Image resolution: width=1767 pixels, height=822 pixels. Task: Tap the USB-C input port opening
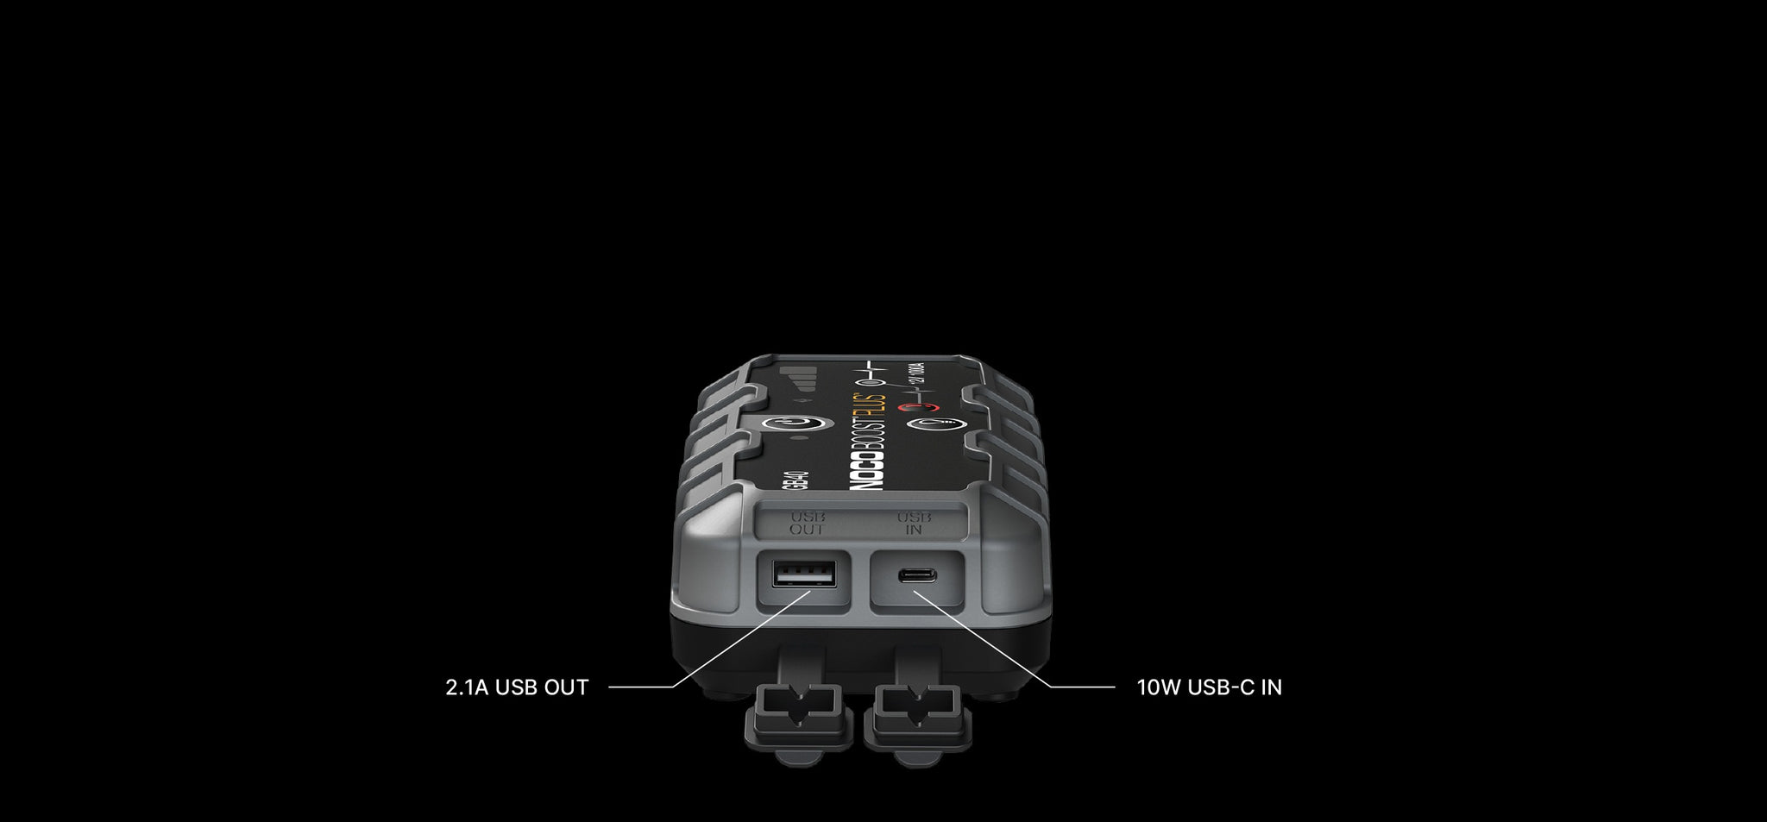click(x=913, y=576)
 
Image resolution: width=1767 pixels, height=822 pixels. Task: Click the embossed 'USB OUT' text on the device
click(x=806, y=523)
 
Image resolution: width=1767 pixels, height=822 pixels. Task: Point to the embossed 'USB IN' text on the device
click(x=913, y=523)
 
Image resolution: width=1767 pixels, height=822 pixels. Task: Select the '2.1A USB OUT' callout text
click(x=517, y=687)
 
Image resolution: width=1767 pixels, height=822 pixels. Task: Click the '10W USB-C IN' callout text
click(x=1209, y=687)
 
